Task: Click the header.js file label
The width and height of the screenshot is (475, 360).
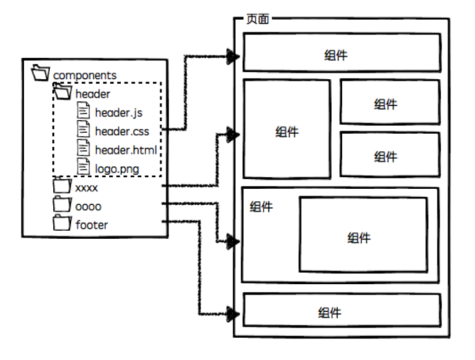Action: tap(118, 112)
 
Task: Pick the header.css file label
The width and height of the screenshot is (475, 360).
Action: tap(121, 131)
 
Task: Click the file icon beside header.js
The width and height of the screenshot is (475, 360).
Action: tap(83, 112)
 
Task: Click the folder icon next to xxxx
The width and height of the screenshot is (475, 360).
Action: tap(63, 188)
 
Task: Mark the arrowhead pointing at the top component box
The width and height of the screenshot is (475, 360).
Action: tap(233, 56)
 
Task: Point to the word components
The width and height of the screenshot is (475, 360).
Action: tap(85, 75)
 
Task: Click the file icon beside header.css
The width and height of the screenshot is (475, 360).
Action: tap(83, 131)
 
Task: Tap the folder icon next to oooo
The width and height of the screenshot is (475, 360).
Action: tap(63, 206)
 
